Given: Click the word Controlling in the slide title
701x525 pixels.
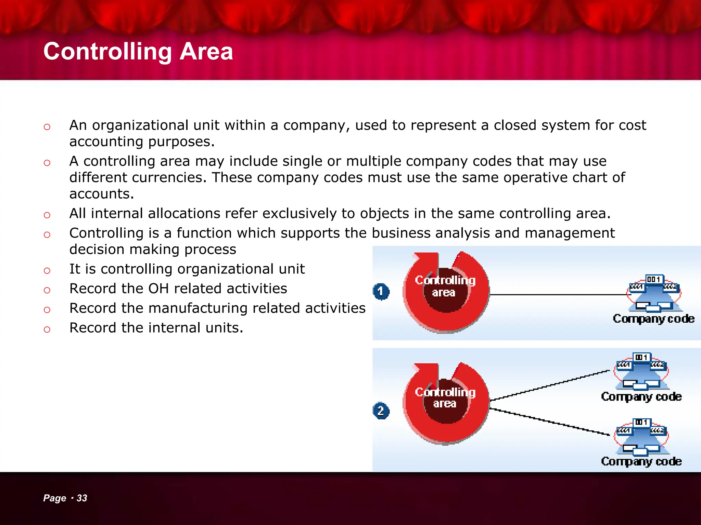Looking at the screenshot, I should click(107, 52).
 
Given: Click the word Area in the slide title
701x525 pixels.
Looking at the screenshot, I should click(206, 52).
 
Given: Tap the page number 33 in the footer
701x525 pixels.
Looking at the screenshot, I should click(82, 498).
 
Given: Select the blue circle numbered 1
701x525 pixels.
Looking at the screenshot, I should click(381, 292).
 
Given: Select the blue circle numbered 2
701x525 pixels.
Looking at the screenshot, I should click(381, 410).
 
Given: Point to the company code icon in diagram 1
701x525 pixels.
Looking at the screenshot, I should click(654, 294).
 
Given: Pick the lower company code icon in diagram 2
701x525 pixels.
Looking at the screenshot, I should click(641, 437).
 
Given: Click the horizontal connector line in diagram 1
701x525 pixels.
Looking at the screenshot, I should click(558, 294).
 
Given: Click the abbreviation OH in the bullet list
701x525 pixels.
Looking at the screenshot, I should click(158, 289).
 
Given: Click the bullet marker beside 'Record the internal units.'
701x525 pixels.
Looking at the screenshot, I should click(47, 329).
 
